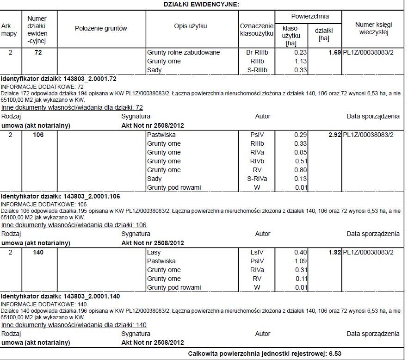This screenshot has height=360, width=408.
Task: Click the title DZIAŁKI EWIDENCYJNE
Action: tap(201, 4)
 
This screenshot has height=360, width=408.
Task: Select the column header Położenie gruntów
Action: tap(101, 28)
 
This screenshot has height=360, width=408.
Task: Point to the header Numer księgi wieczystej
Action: tap(373, 28)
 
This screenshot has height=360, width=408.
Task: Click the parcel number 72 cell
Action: tap(38, 53)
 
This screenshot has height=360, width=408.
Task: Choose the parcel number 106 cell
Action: tap(38, 135)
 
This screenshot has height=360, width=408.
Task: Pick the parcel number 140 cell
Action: tap(38, 253)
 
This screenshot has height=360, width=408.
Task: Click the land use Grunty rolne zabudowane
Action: tap(183, 53)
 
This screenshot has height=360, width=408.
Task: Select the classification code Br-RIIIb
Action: tap(257, 53)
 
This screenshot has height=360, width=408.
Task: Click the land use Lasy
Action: tap(154, 253)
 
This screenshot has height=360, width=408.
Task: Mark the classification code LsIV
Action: tap(257, 253)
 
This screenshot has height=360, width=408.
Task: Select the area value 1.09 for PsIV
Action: tap(301, 261)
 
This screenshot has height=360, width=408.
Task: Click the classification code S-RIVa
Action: tap(257, 179)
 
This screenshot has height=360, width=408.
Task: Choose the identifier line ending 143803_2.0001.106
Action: tap(61, 196)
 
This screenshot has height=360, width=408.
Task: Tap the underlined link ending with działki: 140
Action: tap(74, 325)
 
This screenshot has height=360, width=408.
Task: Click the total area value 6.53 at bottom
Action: tap(335, 354)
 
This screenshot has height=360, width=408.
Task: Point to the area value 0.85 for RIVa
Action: tap(301, 153)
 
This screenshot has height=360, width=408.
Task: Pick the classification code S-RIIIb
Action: tap(257, 70)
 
